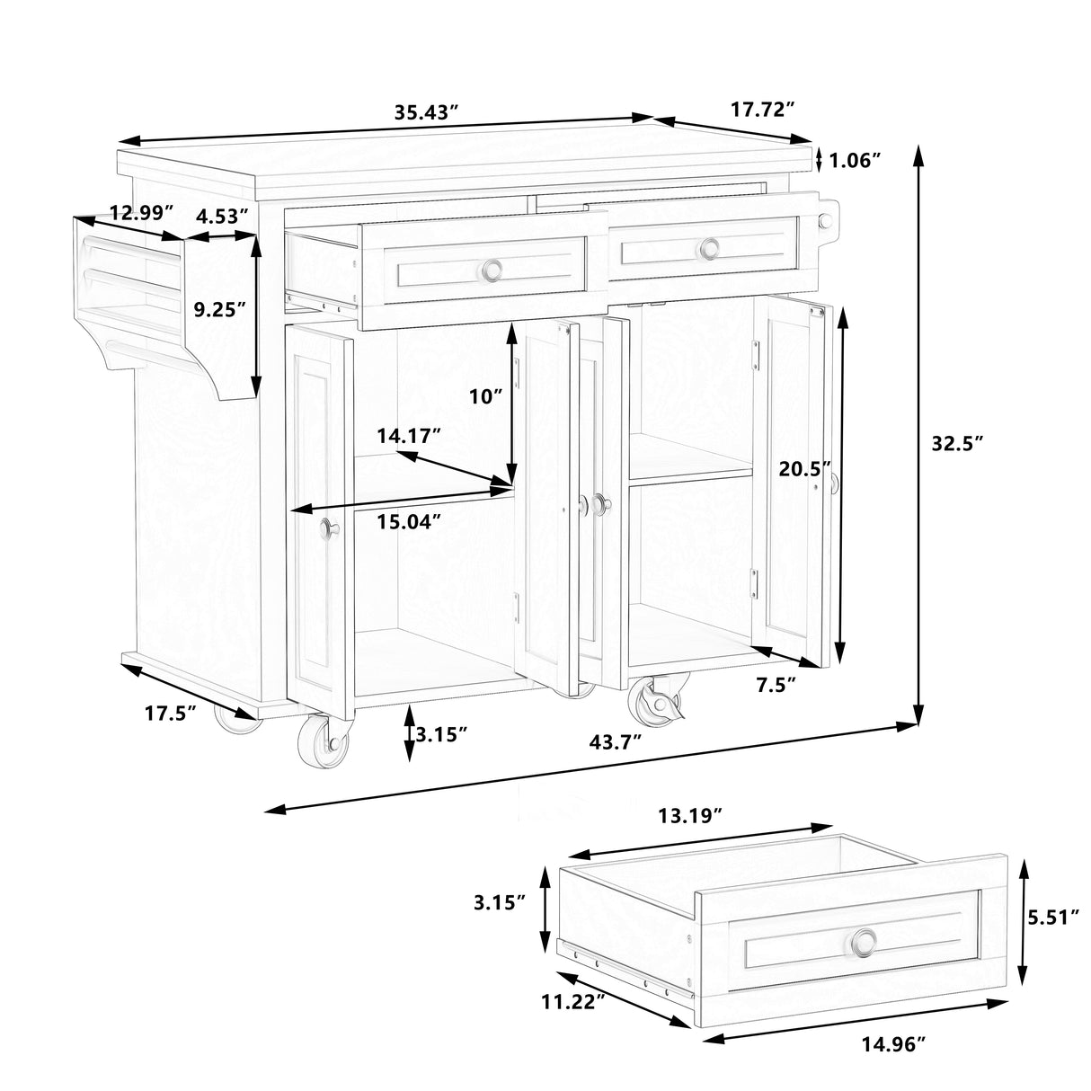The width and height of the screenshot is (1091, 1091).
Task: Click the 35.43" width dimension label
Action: point(427,112)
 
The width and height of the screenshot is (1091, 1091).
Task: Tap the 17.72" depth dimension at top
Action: point(763,110)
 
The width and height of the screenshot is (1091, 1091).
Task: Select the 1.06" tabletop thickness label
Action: point(854,161)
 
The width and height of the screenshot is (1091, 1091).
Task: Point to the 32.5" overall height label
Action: point(958,442)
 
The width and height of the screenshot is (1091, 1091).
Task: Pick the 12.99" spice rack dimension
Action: point(141,213)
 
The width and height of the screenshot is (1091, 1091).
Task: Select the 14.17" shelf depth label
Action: point(409,437)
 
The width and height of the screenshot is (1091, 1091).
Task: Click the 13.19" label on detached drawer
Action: point(690,816)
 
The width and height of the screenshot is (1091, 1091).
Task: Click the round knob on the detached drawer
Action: point(865,942)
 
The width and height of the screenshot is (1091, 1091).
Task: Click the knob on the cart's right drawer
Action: point(711,247)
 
